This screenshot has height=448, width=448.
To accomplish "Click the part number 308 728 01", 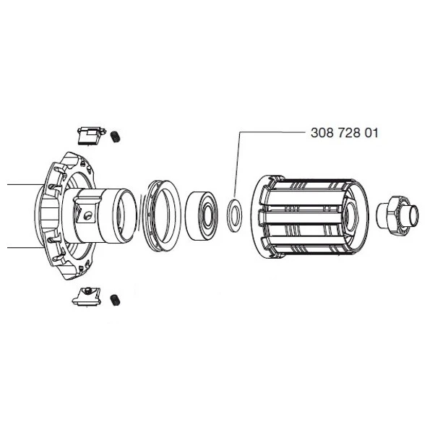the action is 344,133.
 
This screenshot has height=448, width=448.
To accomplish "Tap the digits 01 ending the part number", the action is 371,133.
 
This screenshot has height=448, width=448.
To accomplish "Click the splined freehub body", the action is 310,217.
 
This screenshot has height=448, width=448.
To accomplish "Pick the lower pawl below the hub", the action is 86,297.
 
